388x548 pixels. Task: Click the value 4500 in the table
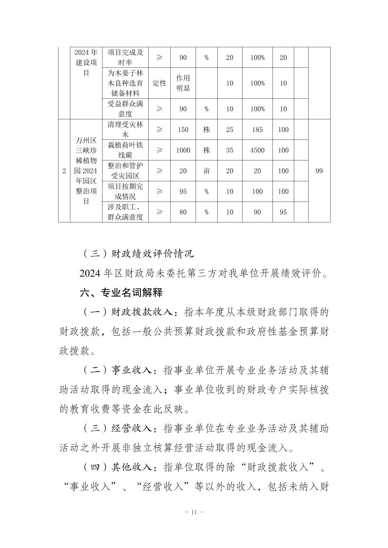(257, 150)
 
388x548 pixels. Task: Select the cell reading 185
(257, 130)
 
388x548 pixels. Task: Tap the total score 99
(319, 171)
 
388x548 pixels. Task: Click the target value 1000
(183, 150)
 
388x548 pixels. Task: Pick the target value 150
(183, 130)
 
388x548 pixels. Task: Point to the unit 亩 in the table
(206, 171)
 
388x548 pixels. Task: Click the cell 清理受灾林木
(125, 130)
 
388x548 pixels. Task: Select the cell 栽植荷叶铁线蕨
(125, 150)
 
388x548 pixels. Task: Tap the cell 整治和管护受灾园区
(125, 171)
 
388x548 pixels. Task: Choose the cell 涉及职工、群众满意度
(125, 212)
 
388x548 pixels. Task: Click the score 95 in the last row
(283, 212)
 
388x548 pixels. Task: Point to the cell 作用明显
(183, 83)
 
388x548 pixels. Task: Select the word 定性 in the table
(160, 83)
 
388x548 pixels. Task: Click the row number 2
(64, 171)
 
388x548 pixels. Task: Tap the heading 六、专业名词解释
(121, 292)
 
